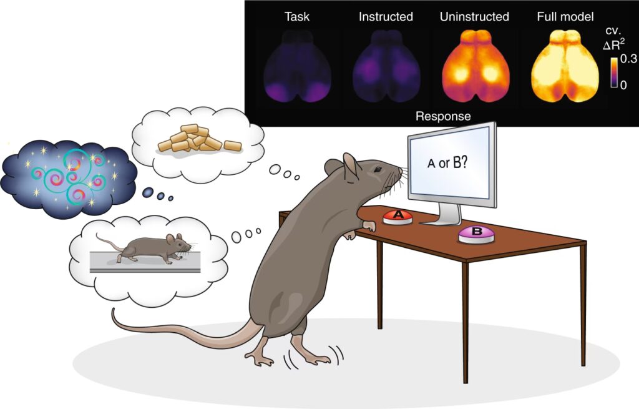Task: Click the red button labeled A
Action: click(398, 217)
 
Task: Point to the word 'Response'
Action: click(443, 116)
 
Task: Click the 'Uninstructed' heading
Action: click(474, 17)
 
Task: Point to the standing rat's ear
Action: click(351, 165)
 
